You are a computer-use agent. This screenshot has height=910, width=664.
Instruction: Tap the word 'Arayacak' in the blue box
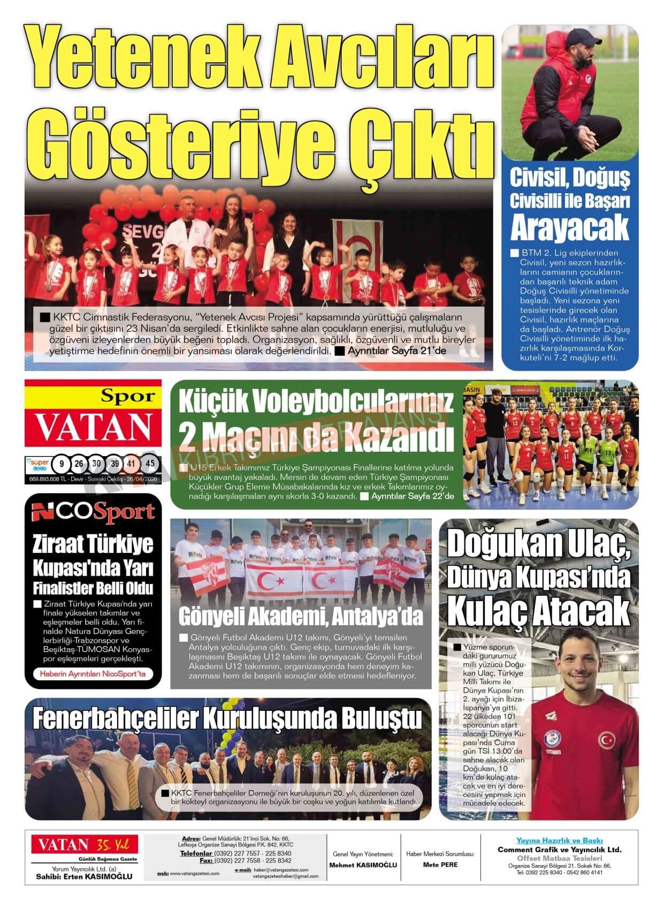(569, 228)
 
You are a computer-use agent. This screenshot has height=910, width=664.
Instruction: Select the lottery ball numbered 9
(63, 464)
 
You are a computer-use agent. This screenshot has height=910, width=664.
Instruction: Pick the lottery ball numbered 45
(150, 464)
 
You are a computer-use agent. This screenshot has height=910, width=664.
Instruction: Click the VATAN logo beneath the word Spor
(93, 427)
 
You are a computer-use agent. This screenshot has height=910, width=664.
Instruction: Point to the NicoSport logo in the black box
(93, 512)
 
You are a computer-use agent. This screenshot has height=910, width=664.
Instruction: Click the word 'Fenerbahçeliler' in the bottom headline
(115, 719)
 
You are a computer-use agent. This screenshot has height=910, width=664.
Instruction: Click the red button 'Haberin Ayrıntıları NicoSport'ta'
(93, 674)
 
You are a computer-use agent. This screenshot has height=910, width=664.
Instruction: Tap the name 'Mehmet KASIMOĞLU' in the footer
(363, 864)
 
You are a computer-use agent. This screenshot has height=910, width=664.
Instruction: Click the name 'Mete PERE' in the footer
(440, 864)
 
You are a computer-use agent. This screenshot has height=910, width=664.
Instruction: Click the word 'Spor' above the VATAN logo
(128, 396)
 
